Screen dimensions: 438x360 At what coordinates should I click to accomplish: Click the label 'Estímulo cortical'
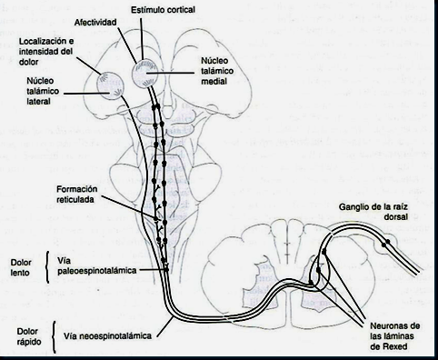163,10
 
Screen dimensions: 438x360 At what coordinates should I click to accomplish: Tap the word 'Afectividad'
95,23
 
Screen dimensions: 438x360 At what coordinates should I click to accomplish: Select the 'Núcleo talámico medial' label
217,71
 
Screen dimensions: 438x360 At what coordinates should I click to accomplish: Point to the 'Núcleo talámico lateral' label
43,91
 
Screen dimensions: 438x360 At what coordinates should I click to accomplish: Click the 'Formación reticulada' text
77,195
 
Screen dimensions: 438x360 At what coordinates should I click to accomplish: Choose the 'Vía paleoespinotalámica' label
97,265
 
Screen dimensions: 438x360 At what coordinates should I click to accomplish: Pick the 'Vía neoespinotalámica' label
107,335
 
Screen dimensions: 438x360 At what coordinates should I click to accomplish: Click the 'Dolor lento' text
21,267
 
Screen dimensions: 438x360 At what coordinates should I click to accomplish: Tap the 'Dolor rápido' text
29,336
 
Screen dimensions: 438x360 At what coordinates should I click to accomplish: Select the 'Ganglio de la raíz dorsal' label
373,212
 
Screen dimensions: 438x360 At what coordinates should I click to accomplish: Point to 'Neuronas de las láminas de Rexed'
395,336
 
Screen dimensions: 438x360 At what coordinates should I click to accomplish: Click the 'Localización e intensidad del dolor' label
46,52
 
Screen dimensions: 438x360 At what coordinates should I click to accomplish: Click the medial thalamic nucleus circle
145,74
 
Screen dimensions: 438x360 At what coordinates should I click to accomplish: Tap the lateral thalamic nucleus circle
110,85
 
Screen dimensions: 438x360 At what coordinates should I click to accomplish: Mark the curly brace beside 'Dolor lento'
47,267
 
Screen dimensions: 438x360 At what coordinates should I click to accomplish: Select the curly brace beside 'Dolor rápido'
54,337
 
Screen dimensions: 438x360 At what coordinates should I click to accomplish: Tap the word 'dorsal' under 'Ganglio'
395,216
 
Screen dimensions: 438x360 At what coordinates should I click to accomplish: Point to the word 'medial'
214,81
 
